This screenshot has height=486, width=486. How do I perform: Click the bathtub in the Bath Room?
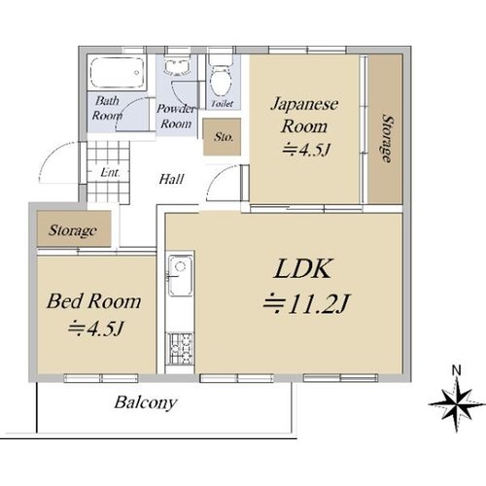[x=117, y=72]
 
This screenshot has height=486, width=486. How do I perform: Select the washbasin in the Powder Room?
[x=176, y=67]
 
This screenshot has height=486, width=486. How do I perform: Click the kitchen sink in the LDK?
[x=181, y=275]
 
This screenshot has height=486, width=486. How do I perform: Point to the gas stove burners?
[x=180, y=348]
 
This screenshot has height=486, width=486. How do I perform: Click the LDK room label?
[x=303, y=269]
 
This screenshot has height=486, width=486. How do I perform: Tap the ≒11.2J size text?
[x=306, y=304]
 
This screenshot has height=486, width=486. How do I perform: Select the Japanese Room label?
[x=304, y=116]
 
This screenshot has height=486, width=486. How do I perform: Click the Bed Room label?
[x=94, y=301]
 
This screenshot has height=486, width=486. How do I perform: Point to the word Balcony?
[x=146, y=402]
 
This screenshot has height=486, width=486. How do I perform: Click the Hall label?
[x=172, y=179]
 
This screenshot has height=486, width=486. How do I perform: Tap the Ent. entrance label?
[x=110, y=172]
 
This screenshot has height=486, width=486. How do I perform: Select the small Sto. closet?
[x=222, y=137]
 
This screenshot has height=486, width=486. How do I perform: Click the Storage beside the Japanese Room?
[x=385, y=129]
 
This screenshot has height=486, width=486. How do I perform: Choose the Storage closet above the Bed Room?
[x=74, y=228]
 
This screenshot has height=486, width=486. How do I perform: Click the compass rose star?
[x=457, y=404]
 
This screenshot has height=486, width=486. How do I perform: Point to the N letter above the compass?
[x=457, y=370]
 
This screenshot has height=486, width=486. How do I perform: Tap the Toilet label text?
[x=223, y=104]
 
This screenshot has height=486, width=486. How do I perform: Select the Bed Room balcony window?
[x=101, y=378]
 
